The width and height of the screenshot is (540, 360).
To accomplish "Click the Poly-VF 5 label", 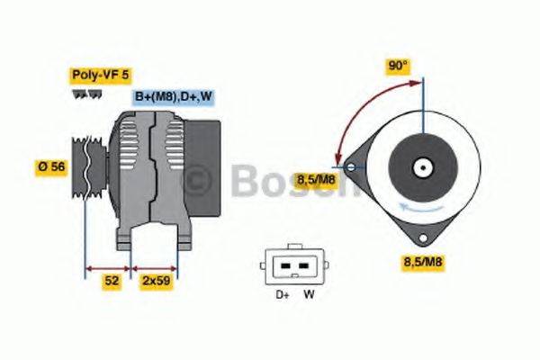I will pos(100,76).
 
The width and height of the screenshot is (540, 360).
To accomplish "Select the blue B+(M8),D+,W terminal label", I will pos(172,96).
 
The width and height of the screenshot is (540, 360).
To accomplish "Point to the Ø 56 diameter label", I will pos(50,167).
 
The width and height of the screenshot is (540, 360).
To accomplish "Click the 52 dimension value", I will pos(112,281).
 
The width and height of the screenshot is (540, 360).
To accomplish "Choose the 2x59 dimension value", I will pos(157,281).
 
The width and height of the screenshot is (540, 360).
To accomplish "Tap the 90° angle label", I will pos(397,67).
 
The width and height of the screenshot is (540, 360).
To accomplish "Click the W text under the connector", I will pos(308,293).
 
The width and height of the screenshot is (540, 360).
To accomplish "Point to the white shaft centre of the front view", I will pos(421,167).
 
